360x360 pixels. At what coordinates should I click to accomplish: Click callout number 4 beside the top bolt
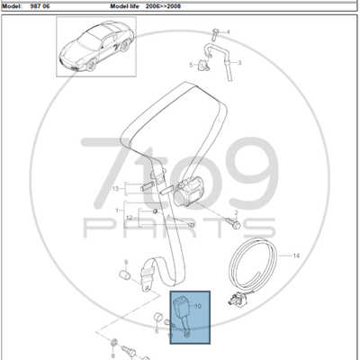click(x=228, y=31)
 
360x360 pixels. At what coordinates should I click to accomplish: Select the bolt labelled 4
click(x=216, y=34)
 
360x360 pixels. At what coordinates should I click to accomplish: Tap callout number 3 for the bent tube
click(x=239, y=63)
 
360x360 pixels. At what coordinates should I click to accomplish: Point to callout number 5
click(x=191, y=65)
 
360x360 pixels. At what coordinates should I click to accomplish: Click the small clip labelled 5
click(x=203, y=65)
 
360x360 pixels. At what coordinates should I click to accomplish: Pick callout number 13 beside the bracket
click(x=116, y=189)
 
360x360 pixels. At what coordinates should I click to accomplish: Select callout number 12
click(x=130, y=218)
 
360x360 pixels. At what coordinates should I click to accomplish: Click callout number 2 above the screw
click(x=236, y=212)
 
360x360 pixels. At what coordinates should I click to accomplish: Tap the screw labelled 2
click(x=233, y=223)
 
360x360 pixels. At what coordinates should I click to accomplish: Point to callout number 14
click(x=296, y=256)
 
